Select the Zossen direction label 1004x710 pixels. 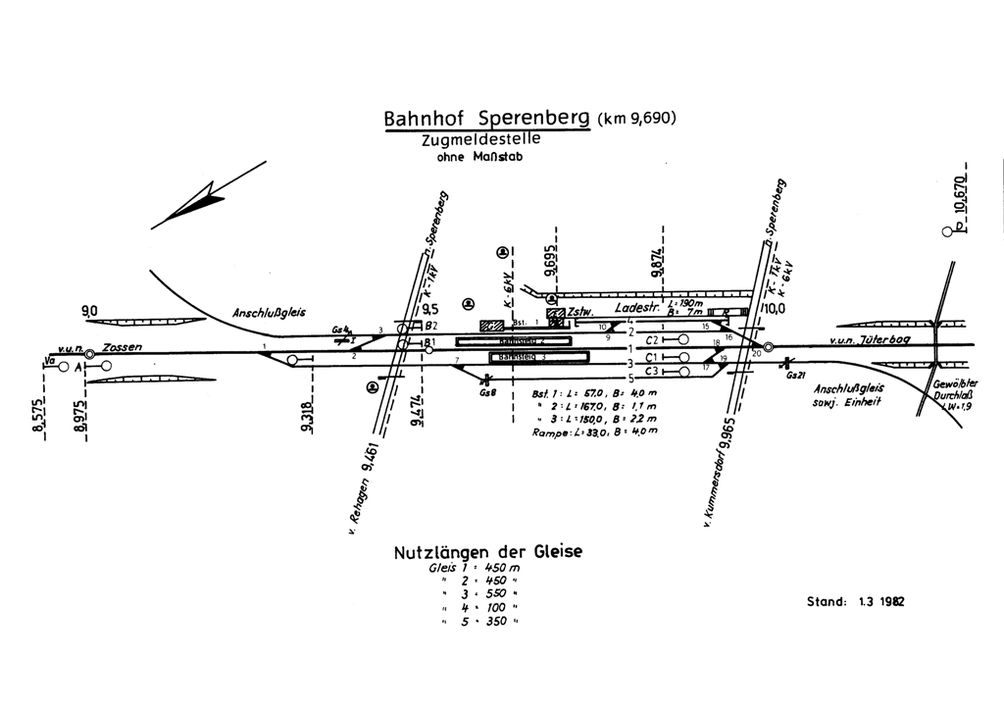122,347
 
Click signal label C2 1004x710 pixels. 654,339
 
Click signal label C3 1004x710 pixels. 654,370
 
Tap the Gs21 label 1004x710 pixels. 794,376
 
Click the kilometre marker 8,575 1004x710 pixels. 39,421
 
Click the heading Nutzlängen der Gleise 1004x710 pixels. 487,552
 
